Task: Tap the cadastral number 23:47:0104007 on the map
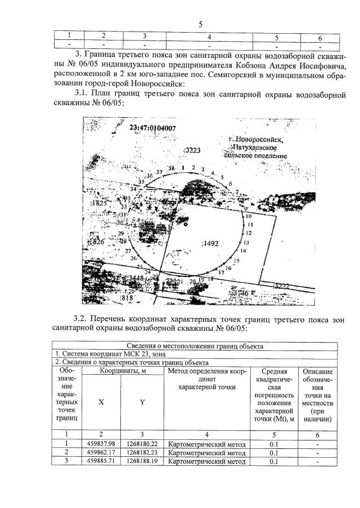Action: click(152, 128)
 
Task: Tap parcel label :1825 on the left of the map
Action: click(97, 203)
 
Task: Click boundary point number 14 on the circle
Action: click(244, 250)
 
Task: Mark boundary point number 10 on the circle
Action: click(246, 216)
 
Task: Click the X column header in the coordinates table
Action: click(101, 402)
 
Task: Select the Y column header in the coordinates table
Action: click(142, 402)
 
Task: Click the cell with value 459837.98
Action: click(101, 443)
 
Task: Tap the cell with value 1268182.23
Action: click(142, 452)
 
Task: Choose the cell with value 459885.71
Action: click(101, 461)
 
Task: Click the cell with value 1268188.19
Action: click(142, 461)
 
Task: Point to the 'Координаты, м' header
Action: click(123, 371)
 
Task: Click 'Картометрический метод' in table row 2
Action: click(207, 452)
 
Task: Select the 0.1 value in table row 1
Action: click(274, 443)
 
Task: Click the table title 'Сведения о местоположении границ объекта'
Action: click(195, 346)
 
